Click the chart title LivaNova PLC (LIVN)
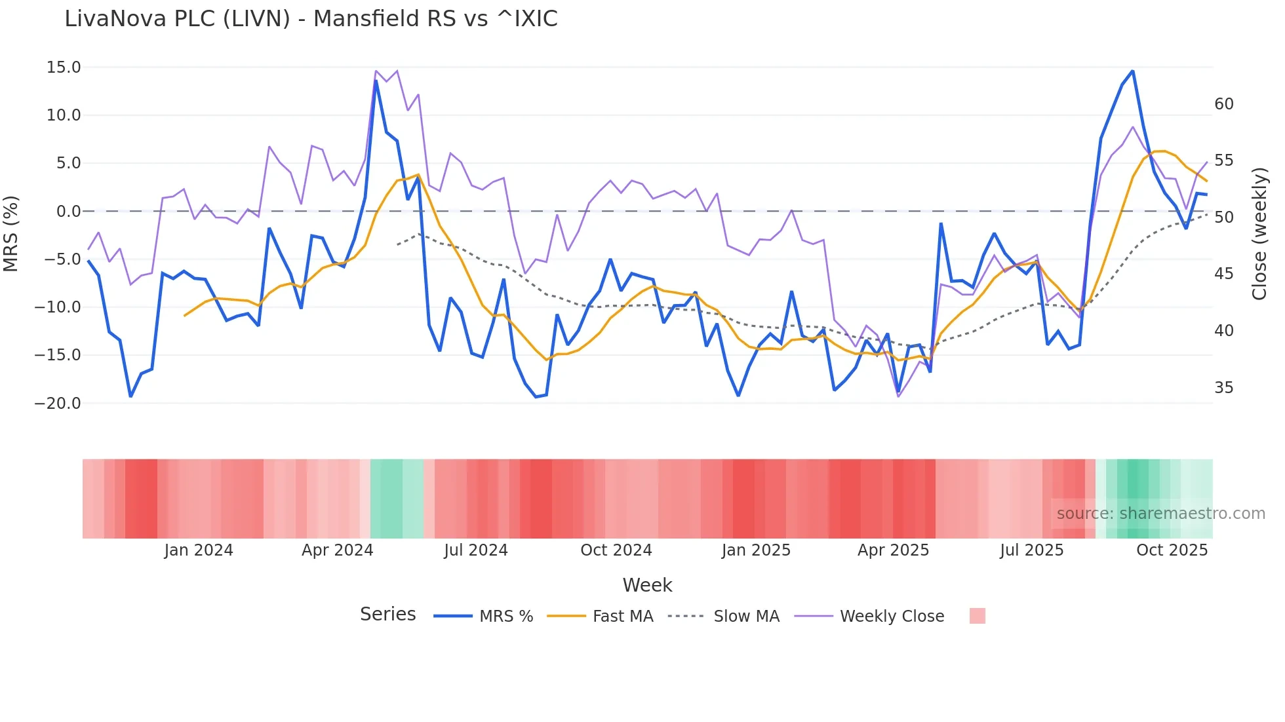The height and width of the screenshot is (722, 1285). point(311,19)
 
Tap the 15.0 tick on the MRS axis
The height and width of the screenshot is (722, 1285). point(64,67)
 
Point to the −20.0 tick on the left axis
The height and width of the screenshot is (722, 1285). point(58,404)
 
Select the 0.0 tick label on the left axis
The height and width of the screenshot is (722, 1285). point(68,212)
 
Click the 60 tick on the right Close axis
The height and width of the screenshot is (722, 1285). point(1223,104)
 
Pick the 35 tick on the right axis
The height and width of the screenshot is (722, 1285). point(1223,388)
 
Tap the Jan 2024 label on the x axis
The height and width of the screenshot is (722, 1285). point(199,550)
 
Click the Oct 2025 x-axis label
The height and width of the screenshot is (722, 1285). point(1172,550)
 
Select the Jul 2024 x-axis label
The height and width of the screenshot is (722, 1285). point(476,550)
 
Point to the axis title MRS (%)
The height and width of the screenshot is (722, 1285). point(11,234)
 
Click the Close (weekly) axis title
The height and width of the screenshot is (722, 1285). point(1259,234)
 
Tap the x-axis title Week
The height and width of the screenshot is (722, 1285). point(647,585)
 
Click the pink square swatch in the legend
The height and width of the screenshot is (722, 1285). point(977,617)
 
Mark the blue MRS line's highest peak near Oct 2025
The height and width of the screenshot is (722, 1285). point(1132,71)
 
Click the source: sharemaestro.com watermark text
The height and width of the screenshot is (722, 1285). point(1160,514)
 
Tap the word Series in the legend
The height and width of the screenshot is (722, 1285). point(387,615)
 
